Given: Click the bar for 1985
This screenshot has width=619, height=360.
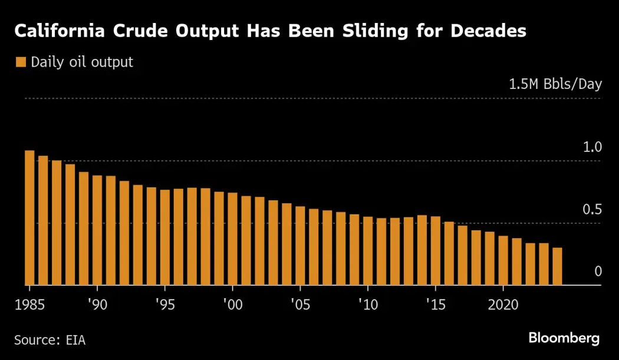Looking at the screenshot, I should pos(29,218).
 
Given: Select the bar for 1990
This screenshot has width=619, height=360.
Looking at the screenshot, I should pos(97,230).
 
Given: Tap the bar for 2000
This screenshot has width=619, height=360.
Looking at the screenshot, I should pos(232,239).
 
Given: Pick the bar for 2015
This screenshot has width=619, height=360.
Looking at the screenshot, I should pos(435,251).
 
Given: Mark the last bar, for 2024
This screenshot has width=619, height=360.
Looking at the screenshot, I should pos(557,266).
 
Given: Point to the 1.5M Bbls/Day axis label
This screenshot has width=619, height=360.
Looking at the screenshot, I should pos(555,84).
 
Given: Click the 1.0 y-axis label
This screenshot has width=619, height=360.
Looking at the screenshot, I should pos(592,147).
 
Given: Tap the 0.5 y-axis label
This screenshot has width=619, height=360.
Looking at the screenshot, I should pos(592,210).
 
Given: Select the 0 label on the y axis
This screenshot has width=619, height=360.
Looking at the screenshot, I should pos(598,272).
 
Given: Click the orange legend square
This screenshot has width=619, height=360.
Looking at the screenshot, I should pos(21,62).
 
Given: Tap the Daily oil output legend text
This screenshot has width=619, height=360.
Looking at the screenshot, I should pos(82,62).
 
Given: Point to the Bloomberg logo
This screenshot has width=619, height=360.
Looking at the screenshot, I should pos(564,338).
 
